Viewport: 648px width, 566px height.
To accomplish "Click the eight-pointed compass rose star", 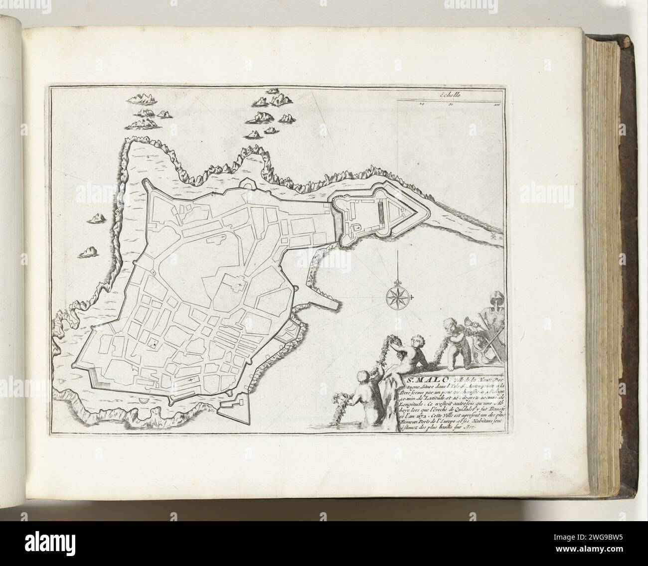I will [x=397, y=297].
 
